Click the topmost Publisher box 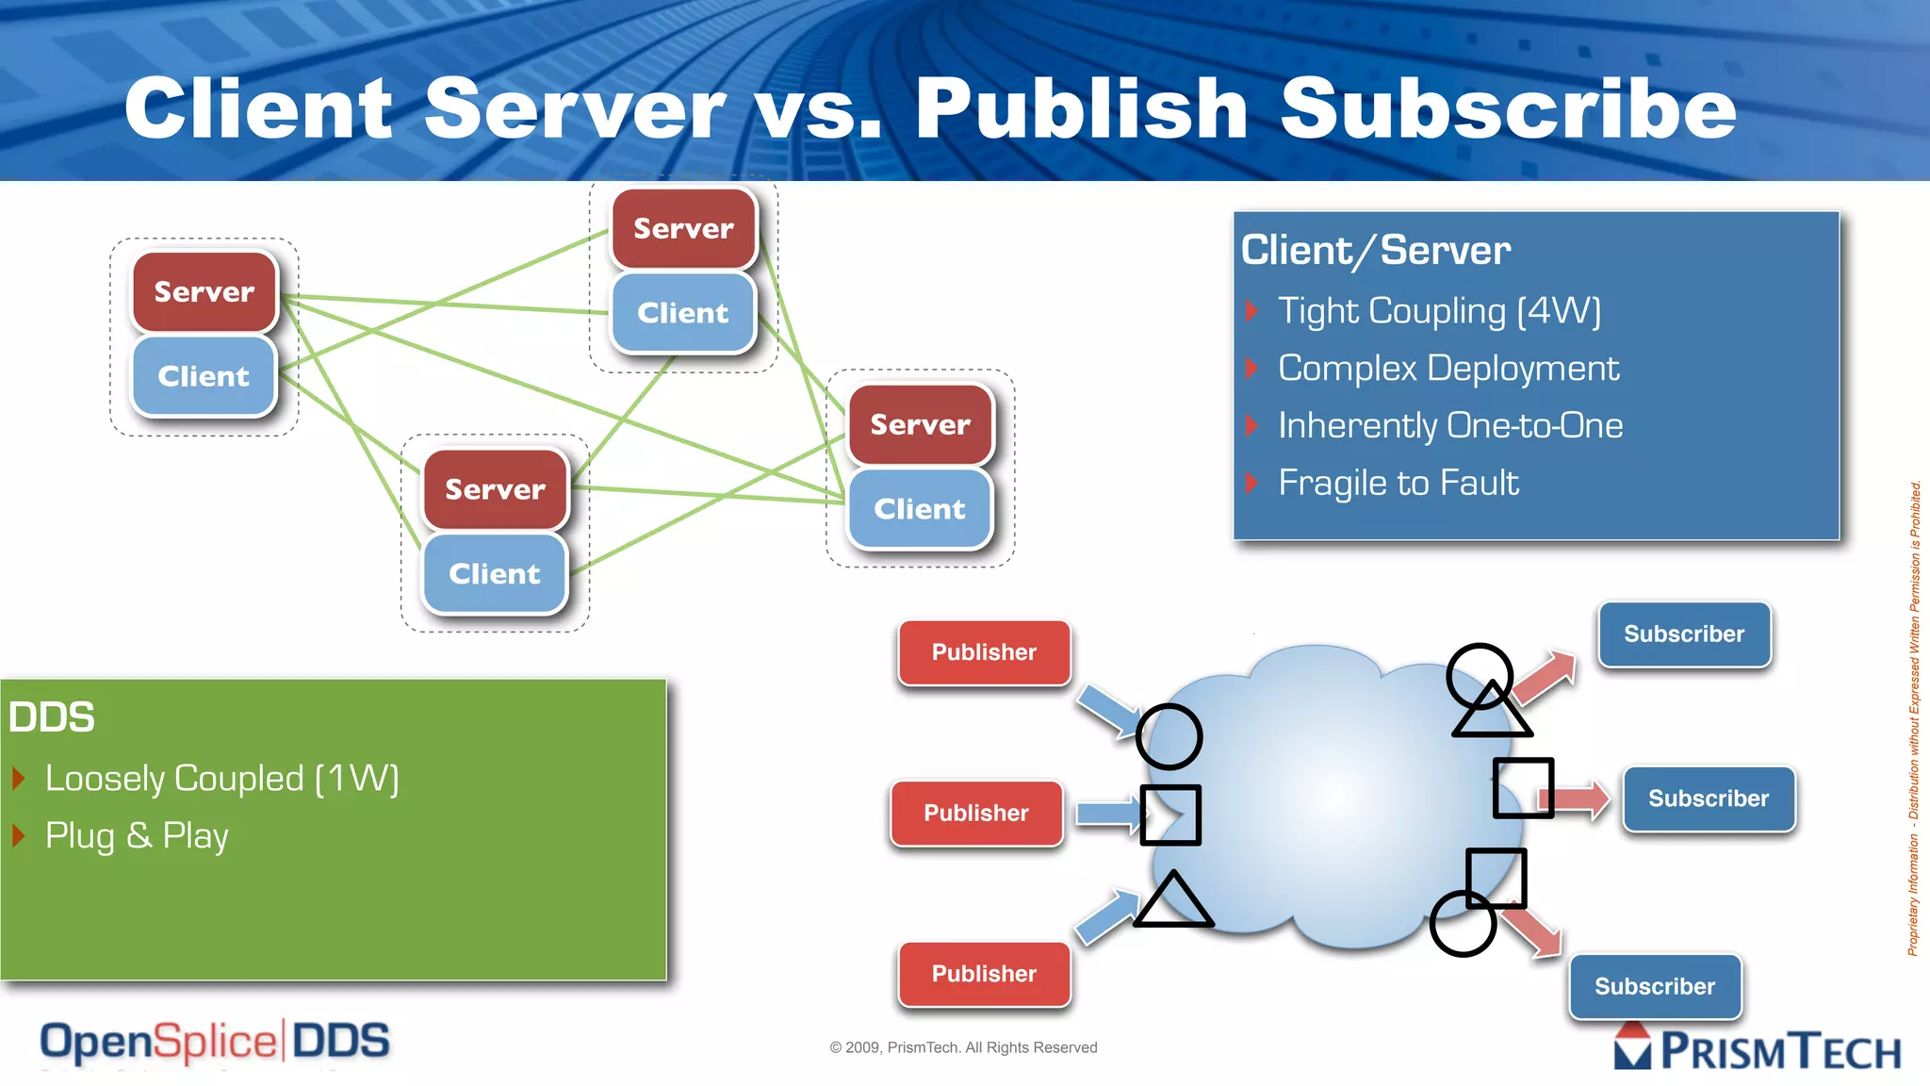click(984, 652)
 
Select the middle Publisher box click(976, 813)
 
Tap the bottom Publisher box click(984, 974)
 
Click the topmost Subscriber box click(1684, 634)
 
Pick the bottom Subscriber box click(1655, 986)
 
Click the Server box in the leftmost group click(204, 292)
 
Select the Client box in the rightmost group click(920, 509)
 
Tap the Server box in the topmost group click(683, 229)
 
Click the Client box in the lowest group click(495, 574)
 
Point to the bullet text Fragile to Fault click(1398, 484)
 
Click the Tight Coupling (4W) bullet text click(1439, 311)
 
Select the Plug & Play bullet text click(138, 836)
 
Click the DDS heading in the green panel click(52, 717)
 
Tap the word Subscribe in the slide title click(1508, 108)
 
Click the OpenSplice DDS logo click(215, 1043)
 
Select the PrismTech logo click(1758, 1049)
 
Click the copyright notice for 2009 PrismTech click(963, 1047)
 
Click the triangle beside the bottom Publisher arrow click(1172, 901)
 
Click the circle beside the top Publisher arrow click(1169, 736)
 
